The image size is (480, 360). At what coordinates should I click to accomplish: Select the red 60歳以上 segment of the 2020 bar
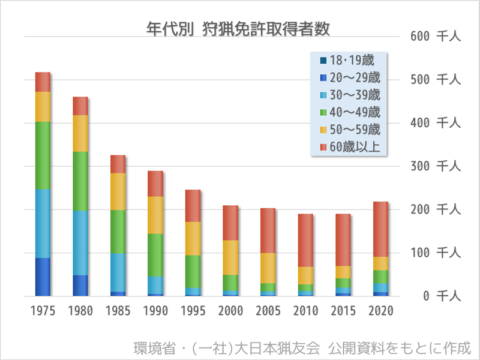click(381, 229)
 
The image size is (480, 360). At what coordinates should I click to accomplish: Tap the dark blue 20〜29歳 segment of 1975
click(43, 277)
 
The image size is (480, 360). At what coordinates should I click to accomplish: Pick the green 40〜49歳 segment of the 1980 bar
click(80, 181)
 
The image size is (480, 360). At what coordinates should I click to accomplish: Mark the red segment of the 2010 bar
click(306, 240)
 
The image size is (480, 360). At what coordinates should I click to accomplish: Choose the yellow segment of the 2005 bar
click(268, 268)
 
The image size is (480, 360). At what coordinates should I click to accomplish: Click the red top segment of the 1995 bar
click(193, 206)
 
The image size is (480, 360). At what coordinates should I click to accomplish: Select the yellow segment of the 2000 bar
click(230, 257)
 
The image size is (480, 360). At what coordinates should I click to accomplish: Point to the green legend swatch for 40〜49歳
click(323, 112)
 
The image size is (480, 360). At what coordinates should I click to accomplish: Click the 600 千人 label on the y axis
click(436, 36)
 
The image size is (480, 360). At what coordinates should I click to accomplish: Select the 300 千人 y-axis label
click(436, 166)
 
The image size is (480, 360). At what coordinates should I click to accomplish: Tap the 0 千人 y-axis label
click(440, 296)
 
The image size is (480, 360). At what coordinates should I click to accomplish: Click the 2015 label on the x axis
click(343, 311)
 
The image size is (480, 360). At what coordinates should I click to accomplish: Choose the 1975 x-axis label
click(43, 311)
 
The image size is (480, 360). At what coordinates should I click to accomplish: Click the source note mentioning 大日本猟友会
click(302, 347)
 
